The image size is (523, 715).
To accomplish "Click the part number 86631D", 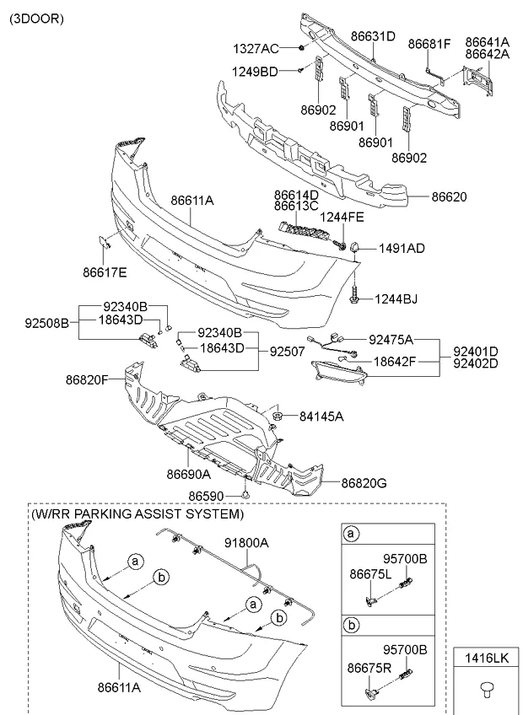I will click(372, 36).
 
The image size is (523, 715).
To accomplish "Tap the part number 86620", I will click(450, 196).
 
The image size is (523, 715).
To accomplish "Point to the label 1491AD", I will click(402, 248).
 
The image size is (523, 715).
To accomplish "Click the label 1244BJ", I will click(396, 298).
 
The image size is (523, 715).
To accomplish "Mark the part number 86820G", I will click(364, 483).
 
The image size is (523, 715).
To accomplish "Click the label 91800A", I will click(245, 544).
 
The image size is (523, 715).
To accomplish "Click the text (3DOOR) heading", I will click(36, 17).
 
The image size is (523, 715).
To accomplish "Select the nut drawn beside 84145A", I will click(276, 415).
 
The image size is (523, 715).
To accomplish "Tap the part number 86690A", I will click(188, 475).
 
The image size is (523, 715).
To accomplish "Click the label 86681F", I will click(429, 43).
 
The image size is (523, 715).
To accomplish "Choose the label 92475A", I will click(391, 340).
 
